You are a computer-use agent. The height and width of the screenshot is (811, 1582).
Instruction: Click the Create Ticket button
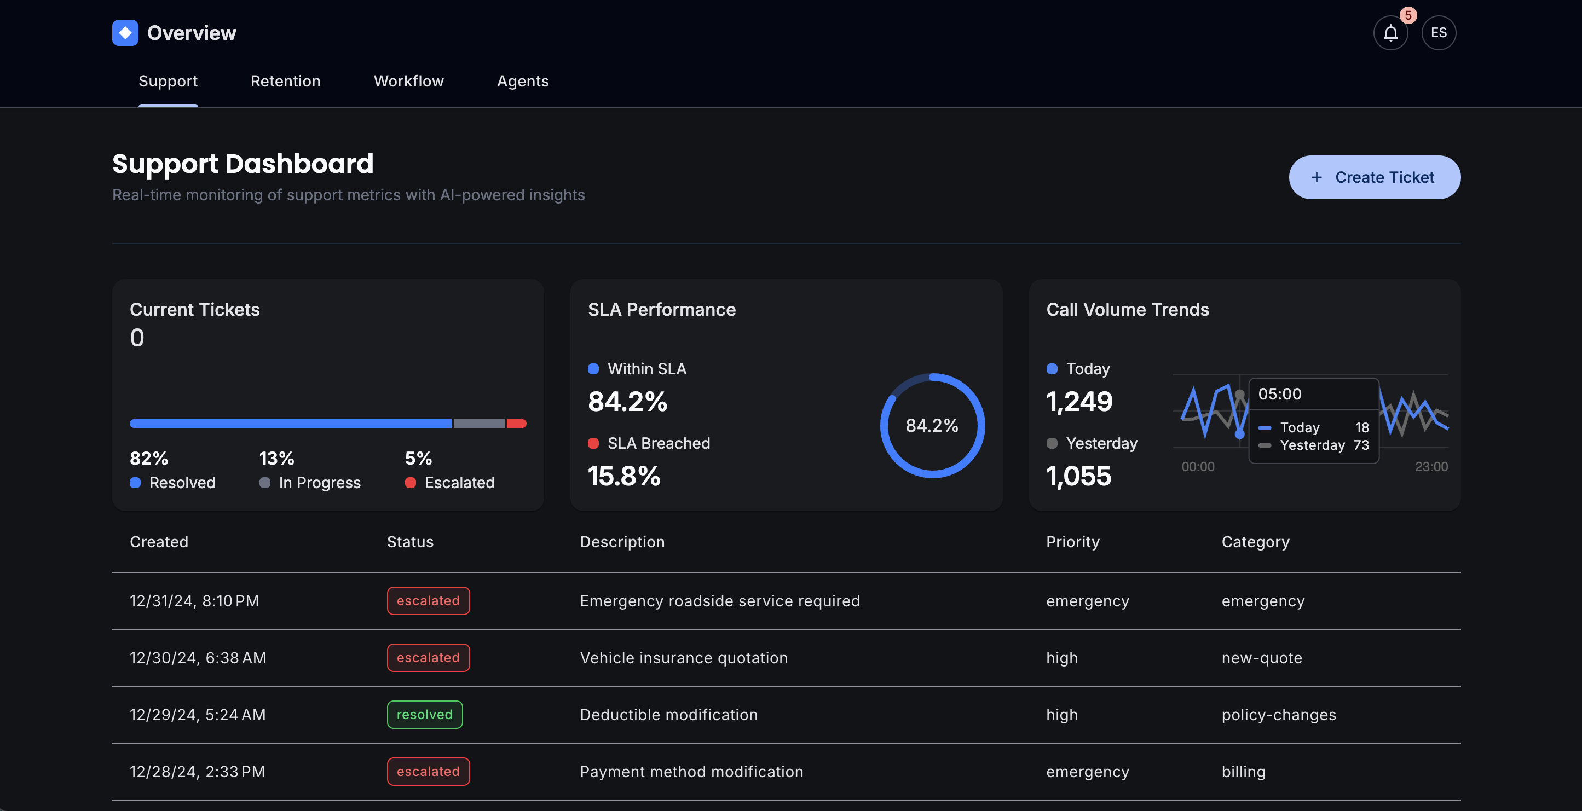[1374, 177]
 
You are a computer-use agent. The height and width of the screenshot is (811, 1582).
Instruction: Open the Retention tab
[285, 81]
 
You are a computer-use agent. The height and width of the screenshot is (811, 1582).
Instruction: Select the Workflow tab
[408, 81]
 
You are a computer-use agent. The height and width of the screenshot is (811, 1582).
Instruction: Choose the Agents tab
[522, 81]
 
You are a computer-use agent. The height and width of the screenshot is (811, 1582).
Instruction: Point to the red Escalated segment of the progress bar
[517, 424]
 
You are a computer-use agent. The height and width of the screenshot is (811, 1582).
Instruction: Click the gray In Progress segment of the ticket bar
[478, 424]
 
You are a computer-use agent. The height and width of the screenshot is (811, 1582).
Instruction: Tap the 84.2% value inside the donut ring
[932, 425]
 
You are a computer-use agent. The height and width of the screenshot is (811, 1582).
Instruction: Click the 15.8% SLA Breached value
[624, 476]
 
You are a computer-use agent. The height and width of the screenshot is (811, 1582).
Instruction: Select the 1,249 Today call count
[1079, 402]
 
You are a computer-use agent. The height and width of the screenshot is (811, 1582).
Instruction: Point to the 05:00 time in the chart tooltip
[1279, 394]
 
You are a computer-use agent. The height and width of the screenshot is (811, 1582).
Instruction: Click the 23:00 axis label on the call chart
[1430, 467]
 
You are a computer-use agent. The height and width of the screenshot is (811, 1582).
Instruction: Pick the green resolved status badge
[424, 715]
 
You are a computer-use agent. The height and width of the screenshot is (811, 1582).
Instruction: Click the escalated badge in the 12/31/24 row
[428, 601]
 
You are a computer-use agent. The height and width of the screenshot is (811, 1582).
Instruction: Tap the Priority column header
[1072, 542]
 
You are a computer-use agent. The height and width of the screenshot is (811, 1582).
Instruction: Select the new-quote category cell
[1261, 658]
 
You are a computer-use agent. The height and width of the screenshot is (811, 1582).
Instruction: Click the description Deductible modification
[668, 715]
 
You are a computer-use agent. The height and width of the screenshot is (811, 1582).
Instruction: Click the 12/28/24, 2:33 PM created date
[197, 772]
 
